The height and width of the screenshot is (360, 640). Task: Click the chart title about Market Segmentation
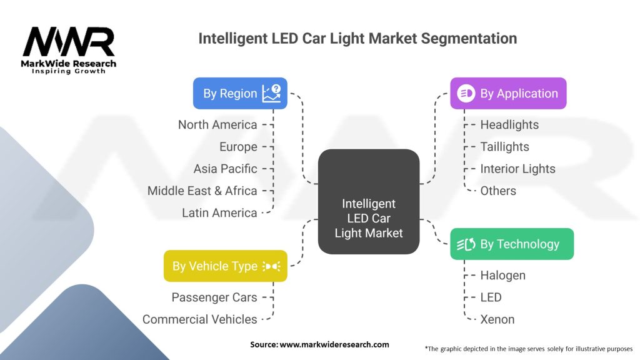[357, 38]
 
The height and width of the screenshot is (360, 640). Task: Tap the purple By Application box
[508, 94]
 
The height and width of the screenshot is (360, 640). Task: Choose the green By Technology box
[512, 244]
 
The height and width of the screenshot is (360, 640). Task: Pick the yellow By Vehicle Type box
[226, 266]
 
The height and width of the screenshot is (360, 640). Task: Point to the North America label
[217, 125]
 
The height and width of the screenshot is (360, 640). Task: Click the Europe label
[238, 147]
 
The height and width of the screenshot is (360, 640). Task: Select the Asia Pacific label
[225, 169]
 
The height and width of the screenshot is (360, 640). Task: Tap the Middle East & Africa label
[202, 191]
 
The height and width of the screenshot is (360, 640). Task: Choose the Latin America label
[219, 212]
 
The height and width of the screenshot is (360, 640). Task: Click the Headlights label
[509, 125]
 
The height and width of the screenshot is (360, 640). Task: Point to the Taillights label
[504, 147]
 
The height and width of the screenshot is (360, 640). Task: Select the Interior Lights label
[517, 169]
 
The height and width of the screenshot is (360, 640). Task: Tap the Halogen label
[502, 276]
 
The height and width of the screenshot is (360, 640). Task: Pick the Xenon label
[497, 319]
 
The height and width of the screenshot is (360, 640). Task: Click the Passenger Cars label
[214, 297]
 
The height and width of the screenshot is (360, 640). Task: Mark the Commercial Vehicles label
[200, 319]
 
